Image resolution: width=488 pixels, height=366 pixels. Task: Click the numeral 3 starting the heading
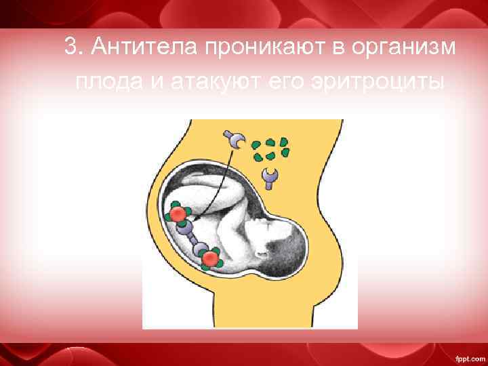(x=70, y=47)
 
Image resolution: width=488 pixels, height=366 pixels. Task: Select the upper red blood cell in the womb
(x=178, y=214)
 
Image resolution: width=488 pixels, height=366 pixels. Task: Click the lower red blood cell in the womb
(x=211, y=258)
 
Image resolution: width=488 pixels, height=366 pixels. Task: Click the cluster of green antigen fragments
(x=270, y=148)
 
